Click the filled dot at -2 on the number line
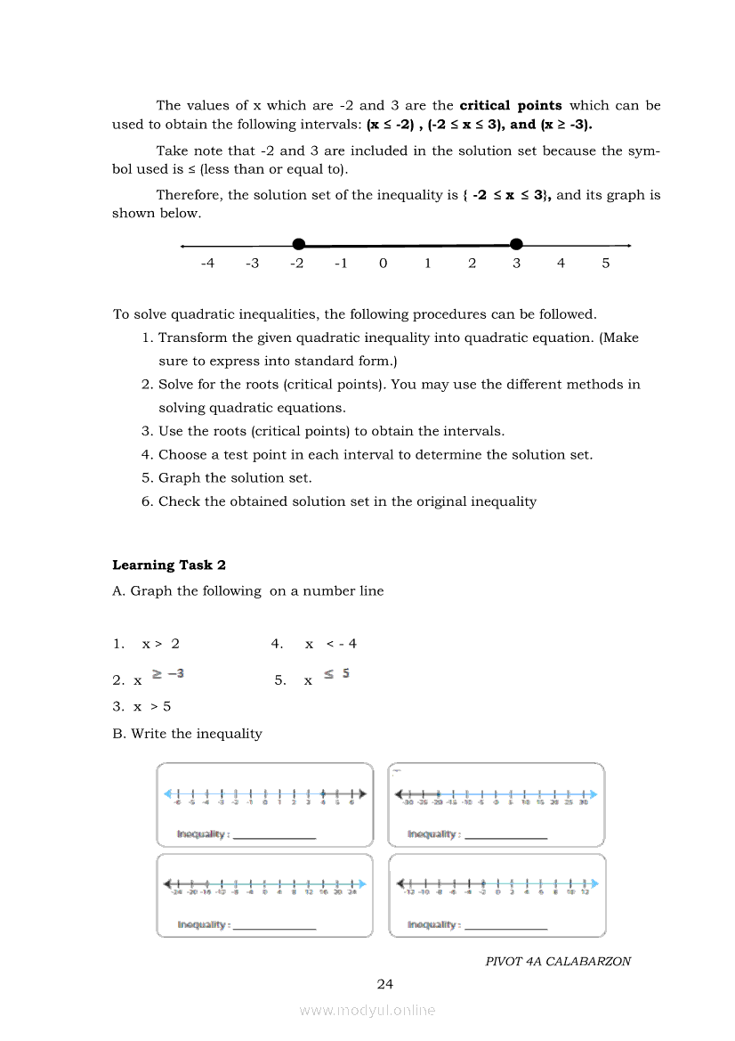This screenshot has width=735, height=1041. [299, 244]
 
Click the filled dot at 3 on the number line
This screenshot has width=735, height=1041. [516, 244]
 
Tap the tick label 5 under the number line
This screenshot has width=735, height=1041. [606, 264]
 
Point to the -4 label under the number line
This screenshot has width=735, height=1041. [207, 264]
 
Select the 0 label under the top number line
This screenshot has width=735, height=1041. [383, 264]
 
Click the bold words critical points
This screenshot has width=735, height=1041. [511, 105]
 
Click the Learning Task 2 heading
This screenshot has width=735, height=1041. [169, 565]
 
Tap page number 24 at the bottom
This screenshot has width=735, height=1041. [384, 984]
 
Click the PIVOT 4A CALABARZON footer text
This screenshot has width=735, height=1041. [558, 962]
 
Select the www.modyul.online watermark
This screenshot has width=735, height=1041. [367, 1010]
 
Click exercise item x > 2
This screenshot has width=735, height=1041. [160, 644]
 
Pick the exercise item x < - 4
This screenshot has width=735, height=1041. [330, 644]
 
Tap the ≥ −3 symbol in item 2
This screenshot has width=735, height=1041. [168, 674]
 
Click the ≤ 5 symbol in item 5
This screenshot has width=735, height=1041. [336, 674]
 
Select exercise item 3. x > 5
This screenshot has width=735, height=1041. [141, 706]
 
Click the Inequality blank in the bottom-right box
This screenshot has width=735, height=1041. [505, 926]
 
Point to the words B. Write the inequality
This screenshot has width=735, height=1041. [187, 734]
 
